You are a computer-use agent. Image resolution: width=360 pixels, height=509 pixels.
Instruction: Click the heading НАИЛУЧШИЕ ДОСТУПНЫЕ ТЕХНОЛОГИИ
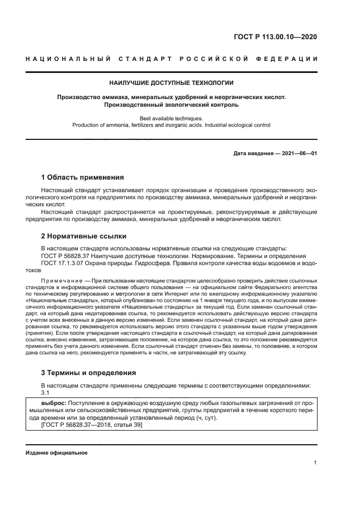172,83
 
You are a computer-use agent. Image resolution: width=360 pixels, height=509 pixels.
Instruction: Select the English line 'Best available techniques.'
172,118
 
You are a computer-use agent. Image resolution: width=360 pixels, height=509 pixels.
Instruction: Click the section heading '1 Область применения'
83,177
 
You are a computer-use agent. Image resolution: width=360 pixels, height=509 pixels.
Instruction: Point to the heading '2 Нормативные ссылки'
84,236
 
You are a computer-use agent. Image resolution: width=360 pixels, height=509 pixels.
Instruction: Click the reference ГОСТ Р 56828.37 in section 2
68,256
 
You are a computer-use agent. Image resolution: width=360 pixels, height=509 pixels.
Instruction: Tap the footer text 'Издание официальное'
56,452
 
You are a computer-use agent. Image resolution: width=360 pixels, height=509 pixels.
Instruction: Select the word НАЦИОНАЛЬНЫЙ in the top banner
65,58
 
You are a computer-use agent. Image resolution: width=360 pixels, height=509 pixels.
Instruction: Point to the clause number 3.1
45,393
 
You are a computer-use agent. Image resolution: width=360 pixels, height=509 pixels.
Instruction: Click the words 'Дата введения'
253,154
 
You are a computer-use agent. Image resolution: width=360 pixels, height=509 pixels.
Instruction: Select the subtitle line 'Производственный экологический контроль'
172,105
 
